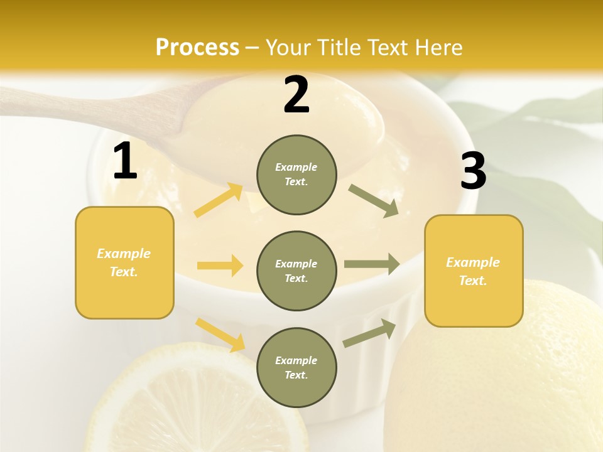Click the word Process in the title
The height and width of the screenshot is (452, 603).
[197, 47]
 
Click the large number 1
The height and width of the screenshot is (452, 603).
[125, 161]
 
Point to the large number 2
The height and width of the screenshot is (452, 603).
[296, 95]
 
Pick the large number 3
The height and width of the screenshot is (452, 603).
[473, 171]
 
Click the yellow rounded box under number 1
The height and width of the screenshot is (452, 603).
[124, 262]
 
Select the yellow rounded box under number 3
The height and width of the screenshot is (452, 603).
[474, 271]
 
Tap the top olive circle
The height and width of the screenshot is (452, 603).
[296, 175]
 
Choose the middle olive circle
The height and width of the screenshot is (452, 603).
[296, 271]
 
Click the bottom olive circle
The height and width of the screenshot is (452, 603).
[296, 367]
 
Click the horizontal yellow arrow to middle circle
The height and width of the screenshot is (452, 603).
[220, 266]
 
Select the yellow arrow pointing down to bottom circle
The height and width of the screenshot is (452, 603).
[220, 335]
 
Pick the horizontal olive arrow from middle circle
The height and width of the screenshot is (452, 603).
[372, 264]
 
